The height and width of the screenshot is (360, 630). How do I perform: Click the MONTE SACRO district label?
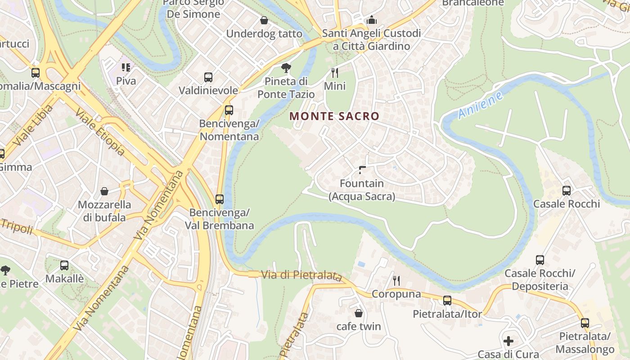(x=334, y=116)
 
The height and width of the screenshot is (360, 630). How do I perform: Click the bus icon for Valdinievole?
(x=208, y=77)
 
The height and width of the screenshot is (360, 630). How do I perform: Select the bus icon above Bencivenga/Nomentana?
(x=229, y=110)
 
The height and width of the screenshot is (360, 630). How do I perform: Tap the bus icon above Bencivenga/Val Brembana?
(x=220, y=199)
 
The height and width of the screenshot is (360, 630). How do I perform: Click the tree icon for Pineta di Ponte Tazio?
(x=286, y=68)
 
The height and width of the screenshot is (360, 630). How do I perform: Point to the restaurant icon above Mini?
(x=334, y=72)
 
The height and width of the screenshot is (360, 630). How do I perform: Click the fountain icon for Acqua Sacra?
(x=362, y=170)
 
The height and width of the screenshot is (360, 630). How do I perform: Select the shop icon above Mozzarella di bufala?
(x=104, y=191)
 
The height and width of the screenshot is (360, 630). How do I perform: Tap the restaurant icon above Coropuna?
(x=396, y=281)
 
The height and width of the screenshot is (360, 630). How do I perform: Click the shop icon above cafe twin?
(x=359, y=313)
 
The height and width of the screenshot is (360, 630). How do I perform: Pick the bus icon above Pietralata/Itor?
(x=447, y=300)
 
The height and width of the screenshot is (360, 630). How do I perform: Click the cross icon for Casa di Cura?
(x=508, y=341)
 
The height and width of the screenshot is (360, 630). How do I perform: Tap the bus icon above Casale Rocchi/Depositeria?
(x=540, y=260)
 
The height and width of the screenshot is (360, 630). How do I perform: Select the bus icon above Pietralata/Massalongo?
(x=585, y=323)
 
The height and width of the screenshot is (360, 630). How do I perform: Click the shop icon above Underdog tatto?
(x=264, y=20)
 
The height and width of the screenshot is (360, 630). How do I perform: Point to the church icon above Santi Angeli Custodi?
(x=372, y=20)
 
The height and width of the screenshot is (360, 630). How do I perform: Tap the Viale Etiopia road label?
(x=100, y=131)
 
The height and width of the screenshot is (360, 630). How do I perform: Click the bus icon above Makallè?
(x=64, y=265)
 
